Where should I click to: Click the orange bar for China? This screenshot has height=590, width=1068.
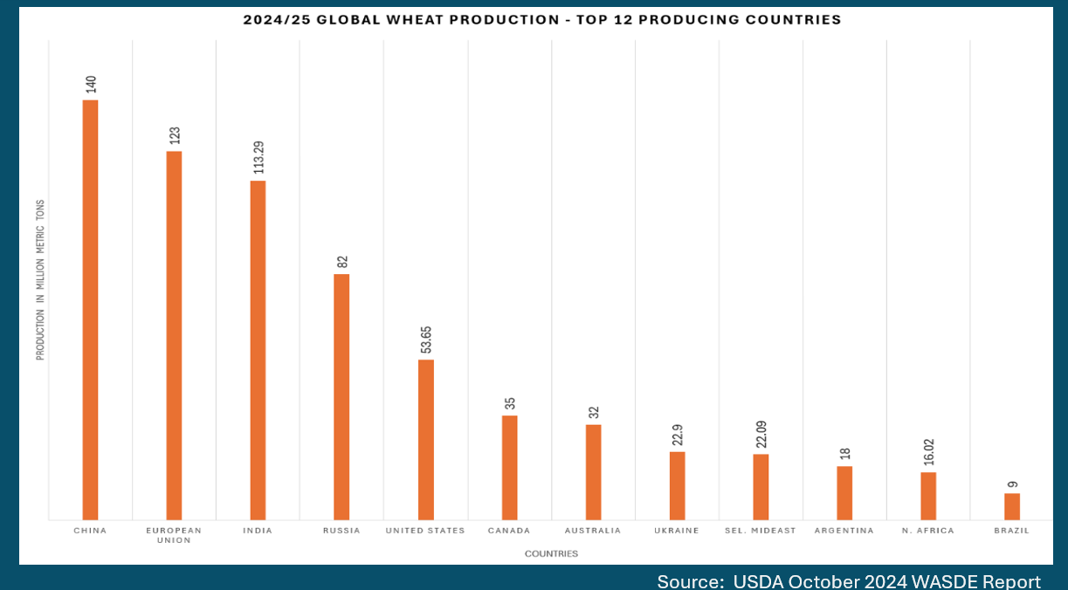tap(90, 310)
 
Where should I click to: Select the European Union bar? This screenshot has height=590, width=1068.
tap(174, 336)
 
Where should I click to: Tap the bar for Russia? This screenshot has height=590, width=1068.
tap(341, 397)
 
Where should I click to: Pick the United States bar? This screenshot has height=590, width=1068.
tap(425, 440)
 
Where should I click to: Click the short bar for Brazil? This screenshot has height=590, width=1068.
tap(1012, 507)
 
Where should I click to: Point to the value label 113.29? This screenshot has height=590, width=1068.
tap(258, 157)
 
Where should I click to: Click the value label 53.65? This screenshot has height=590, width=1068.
tap(426, 339)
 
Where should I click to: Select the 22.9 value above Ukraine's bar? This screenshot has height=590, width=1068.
tap(678, 435)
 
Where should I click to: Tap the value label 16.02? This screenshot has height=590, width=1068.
tap(929, 455)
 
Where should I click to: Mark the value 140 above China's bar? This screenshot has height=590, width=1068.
tap(91, 85)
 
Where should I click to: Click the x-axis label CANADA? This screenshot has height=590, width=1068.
tap(509, 531)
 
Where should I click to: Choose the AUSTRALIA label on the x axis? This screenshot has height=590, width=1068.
tap(593, 531)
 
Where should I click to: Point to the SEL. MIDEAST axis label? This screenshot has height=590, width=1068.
tap(761, 531)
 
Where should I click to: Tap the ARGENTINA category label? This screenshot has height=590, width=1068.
tap(844, 531)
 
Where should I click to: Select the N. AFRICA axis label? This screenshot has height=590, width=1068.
tap(928, 531)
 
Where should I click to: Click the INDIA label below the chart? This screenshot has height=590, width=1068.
tap(258, 531)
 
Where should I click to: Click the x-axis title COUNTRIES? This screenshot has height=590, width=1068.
tap(551, 553)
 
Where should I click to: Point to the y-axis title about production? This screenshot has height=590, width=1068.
tap(40, 279)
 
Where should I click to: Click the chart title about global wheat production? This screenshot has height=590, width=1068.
tap(542, 20)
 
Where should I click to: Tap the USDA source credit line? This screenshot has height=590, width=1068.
tap(848, 581)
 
